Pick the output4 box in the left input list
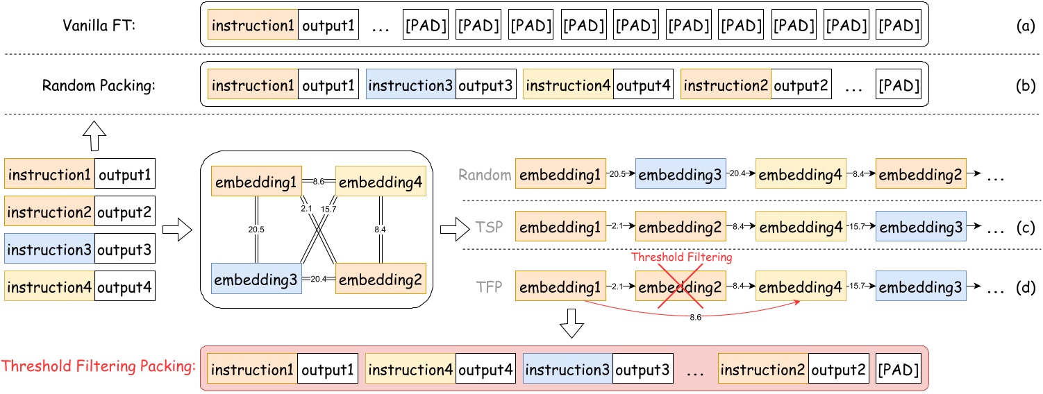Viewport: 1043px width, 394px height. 124,285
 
